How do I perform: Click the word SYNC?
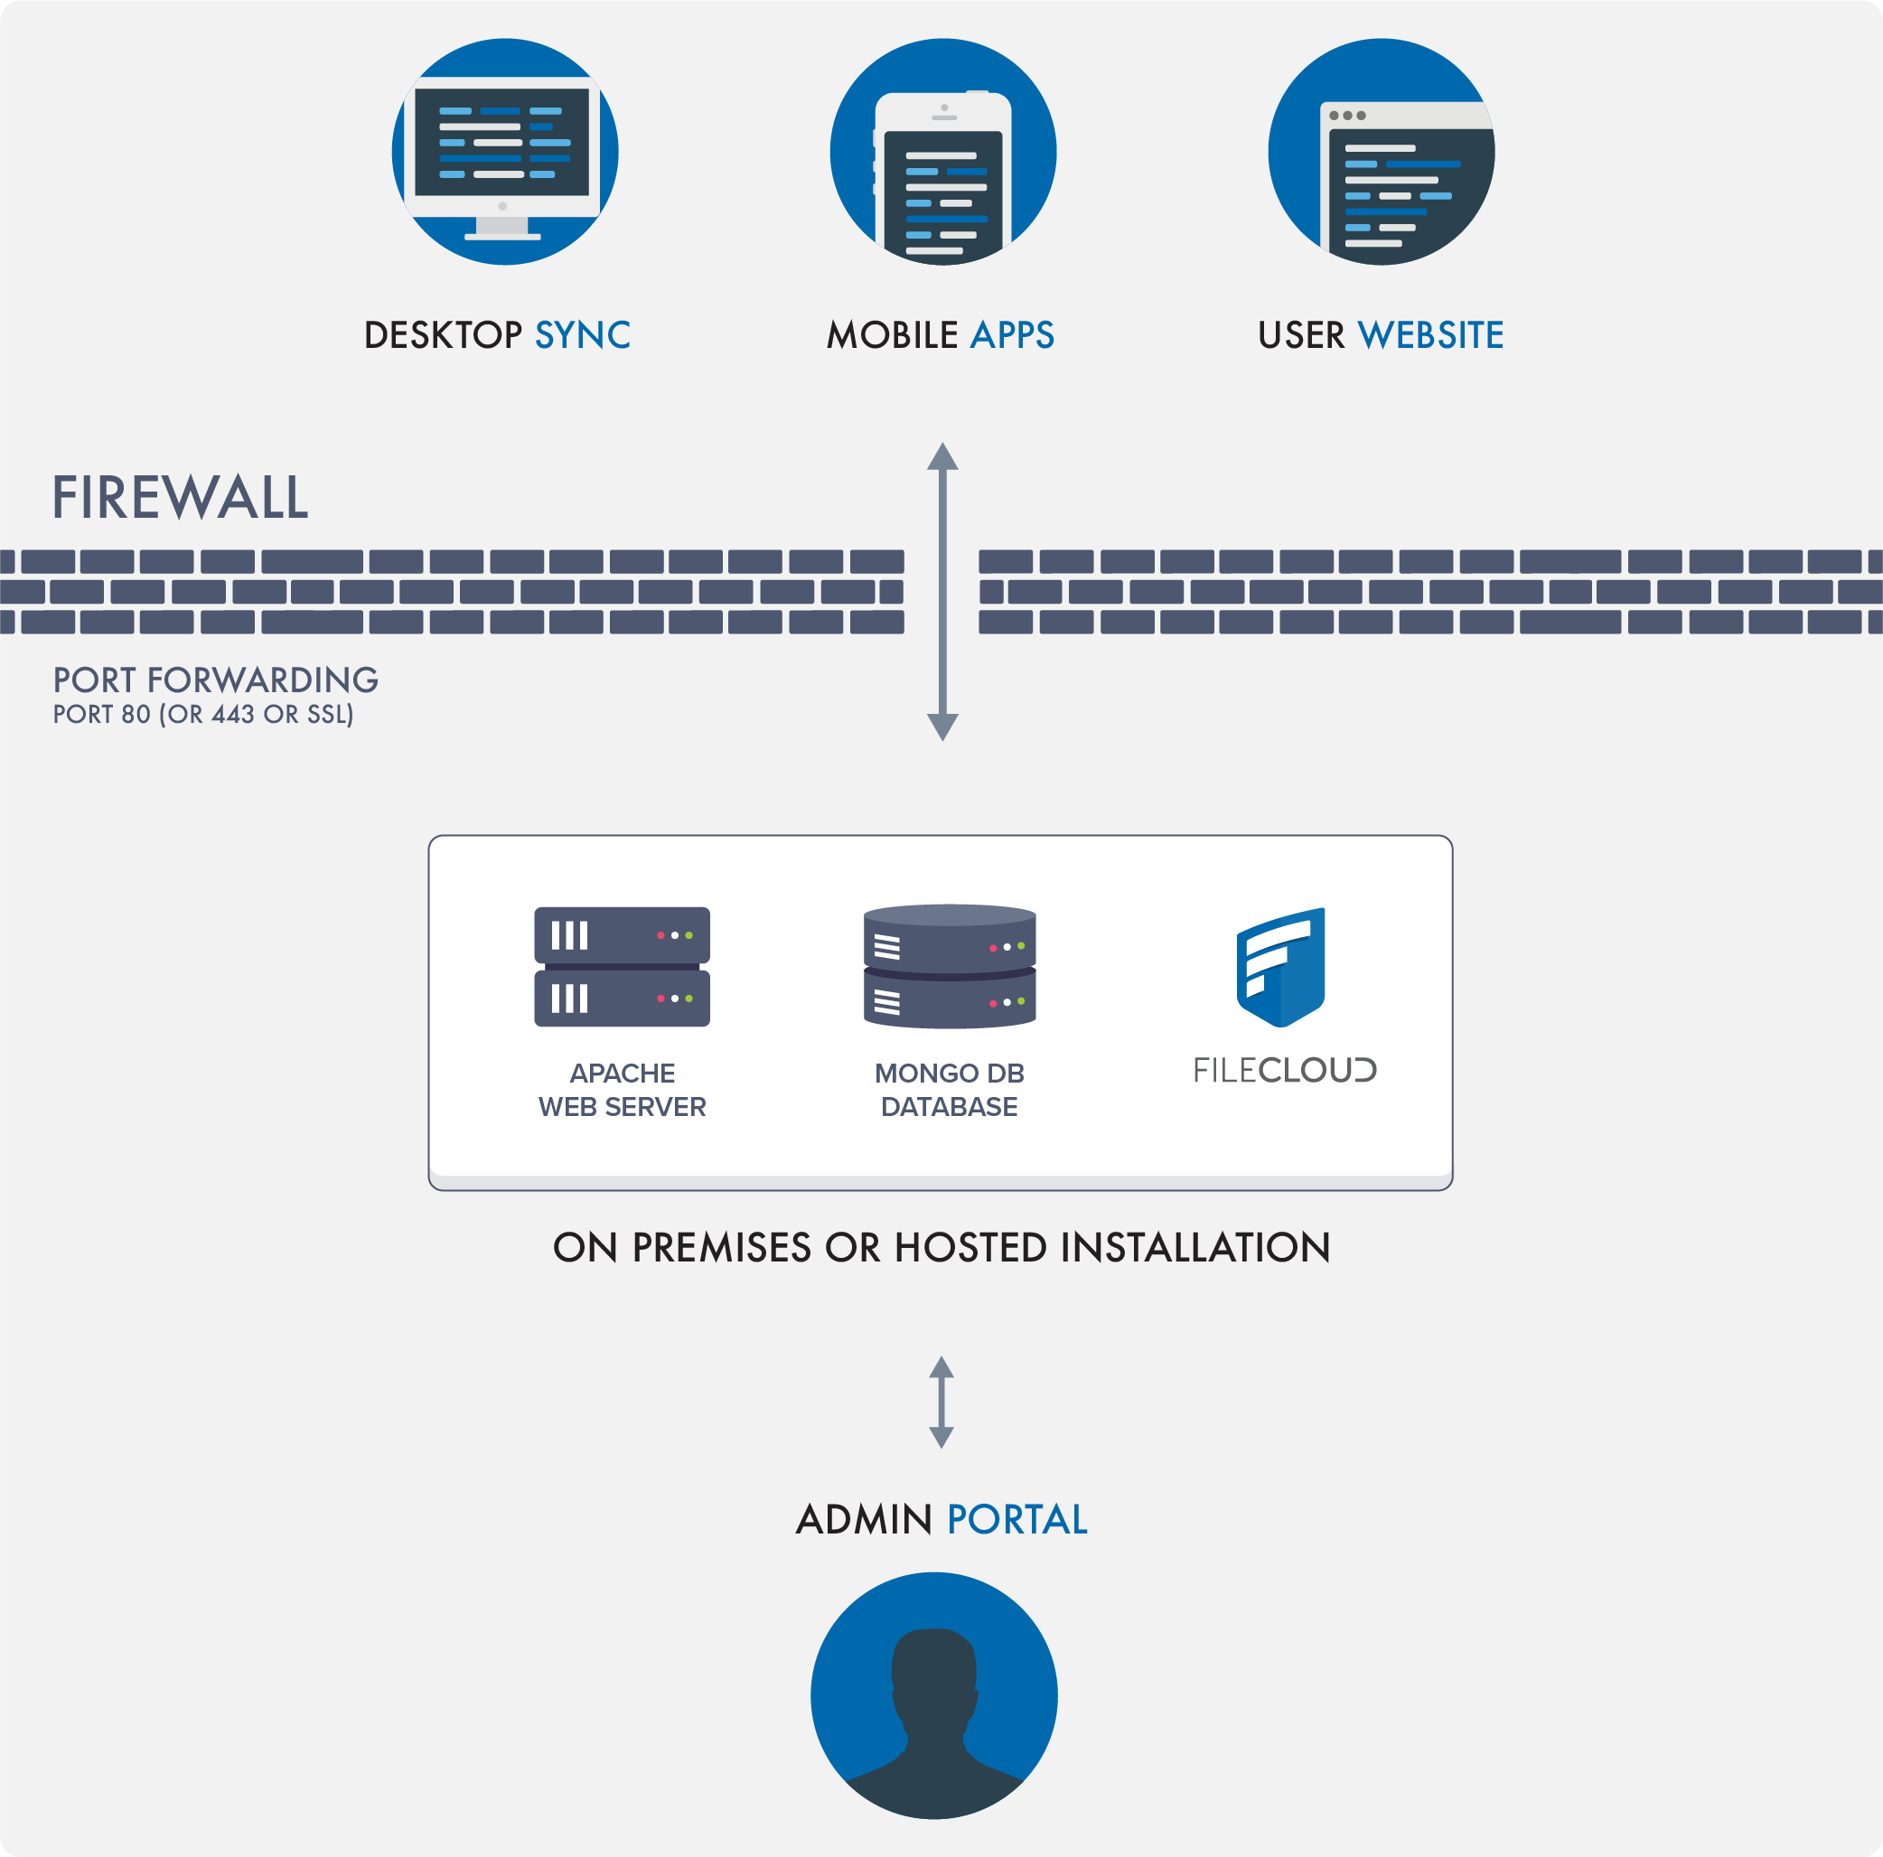tap(583, 335)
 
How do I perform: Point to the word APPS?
tap(1013, 335)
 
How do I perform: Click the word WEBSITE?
tap(1430, 335)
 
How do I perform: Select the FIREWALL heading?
tap(181, 498)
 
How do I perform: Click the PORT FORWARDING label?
tap(215, 680)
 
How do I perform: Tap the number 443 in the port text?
tap(233, 715)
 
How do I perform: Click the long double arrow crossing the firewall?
tap(942, 591)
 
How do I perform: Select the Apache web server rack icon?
tap(622, 966)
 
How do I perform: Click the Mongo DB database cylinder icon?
tap(950, 966)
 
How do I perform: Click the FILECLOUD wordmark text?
tap(1285, 1070)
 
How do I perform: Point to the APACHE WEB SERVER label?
tap(622, 1090)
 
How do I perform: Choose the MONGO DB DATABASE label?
tap(950, 1090)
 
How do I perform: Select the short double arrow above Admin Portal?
tap(941, 1402)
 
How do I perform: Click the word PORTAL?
tap(1016, 1520)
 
